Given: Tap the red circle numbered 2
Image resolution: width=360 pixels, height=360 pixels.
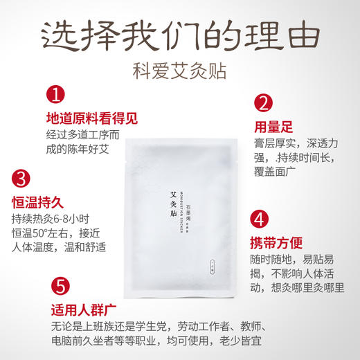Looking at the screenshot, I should tap(262, 102).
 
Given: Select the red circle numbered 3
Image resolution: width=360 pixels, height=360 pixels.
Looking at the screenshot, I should tap(22, 179).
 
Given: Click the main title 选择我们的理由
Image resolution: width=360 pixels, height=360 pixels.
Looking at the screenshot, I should tap(179, 33).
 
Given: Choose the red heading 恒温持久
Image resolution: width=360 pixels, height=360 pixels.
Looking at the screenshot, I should tap(43, 203).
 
